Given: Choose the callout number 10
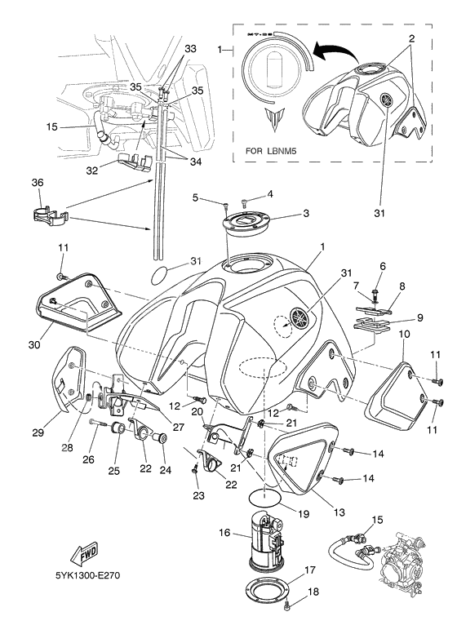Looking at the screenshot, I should click(x=404, y=334).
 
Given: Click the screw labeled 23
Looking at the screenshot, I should click(x=195, y=467).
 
